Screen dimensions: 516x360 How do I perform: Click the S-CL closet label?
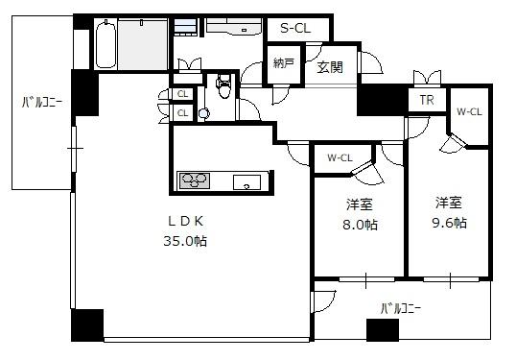point(295,29)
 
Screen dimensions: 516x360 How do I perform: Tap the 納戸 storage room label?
point(284,63)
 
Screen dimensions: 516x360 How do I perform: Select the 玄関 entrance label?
point(330,67)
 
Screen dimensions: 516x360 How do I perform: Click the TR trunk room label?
point(427,100)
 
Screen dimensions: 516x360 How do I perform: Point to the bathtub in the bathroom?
point(106,43)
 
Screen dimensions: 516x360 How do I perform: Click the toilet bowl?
point(224,86)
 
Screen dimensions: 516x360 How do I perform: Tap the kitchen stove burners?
point(195,180)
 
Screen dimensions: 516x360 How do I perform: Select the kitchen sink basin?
point(246,182)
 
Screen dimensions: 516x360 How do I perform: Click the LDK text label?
point(186,222)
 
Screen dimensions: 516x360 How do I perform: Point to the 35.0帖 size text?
point(185,241)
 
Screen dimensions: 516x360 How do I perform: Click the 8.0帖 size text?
point(360,225)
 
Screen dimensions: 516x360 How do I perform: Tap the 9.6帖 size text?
point(449,223)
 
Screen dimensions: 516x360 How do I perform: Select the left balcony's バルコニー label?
point(42,103)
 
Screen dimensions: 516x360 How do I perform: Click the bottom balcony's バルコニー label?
point(401,308)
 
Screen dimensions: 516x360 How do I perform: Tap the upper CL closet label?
point(182,94)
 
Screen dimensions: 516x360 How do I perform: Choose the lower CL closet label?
point(182,113)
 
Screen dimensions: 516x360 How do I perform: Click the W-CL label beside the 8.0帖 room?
point(340,158)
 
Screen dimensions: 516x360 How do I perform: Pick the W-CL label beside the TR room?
point(469,112)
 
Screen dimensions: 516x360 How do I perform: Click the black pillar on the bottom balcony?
point(383,329)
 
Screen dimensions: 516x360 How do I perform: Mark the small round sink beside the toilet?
point(204,113)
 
